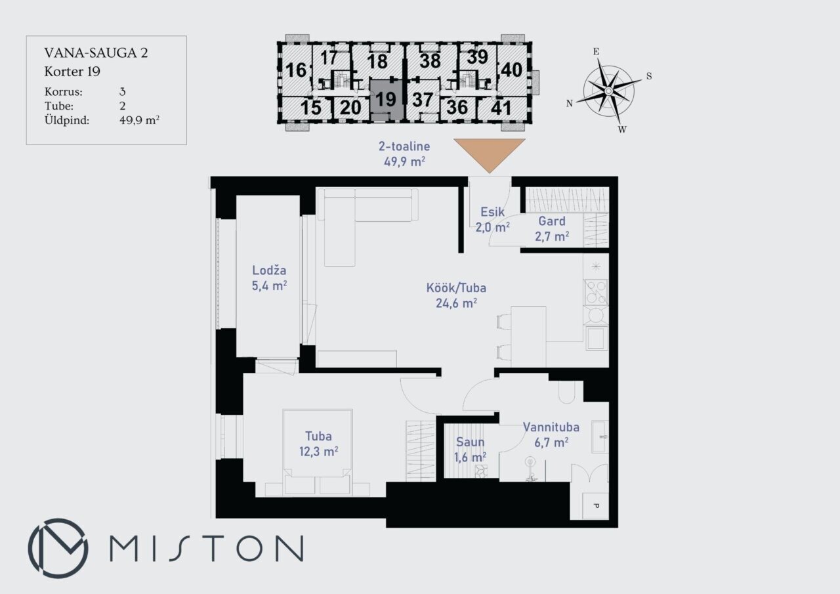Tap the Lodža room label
269,278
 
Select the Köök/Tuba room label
456,295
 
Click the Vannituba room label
551,435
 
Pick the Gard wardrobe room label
552,229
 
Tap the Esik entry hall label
492,219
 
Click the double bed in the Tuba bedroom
318,452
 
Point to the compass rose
608,91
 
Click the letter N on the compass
569,104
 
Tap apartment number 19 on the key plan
385,99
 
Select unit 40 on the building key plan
511,70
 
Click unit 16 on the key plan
296,70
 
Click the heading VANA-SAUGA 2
96,53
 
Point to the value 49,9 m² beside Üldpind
140,120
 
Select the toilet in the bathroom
566,392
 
